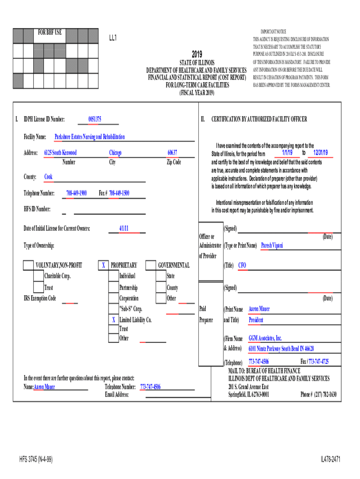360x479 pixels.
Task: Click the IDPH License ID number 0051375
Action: [x=95, y=119]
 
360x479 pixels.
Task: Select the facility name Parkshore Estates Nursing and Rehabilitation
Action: [x=90, y=137]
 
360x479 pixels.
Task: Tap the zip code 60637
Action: [x=173, y=153]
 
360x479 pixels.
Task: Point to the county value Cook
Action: [x=49, y=177]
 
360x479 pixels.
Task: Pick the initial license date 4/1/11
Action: [x=124, y=228]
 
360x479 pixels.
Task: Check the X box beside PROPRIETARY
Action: [x=103, y=265]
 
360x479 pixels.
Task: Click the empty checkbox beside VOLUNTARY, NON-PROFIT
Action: [x=28, y=265]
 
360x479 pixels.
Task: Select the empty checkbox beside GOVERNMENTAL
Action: [x=151, y=265]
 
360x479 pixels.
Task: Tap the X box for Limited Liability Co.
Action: [x=113, y=320]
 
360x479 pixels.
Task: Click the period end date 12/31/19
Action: [x=321, y=153]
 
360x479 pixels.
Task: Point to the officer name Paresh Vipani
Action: [x=272, y=245]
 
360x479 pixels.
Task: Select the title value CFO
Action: [x=242, y=265]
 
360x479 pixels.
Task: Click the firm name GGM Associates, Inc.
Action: [x=265, y=338]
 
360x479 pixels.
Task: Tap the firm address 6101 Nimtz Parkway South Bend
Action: [x=281, y=348]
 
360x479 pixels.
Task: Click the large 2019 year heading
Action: [x=197, y=54]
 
